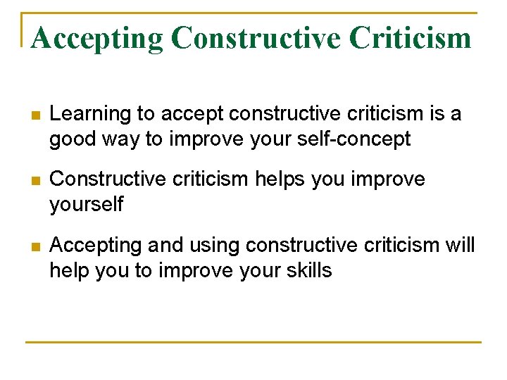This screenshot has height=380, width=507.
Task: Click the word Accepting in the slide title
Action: (96, 37)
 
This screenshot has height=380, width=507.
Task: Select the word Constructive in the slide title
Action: (258, 37)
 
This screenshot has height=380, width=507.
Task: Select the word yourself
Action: (86, 205)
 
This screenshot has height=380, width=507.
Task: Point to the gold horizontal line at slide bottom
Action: (253, 343)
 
